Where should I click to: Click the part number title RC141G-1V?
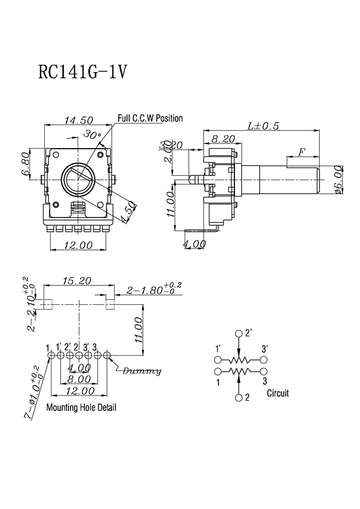click(x=82, y=72)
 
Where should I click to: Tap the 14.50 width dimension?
click(x=79, y=120)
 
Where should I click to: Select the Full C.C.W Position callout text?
click(x=150, y=118)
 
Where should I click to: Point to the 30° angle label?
click(x=93, y=134)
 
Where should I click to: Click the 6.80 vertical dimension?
click(x=25, y=164)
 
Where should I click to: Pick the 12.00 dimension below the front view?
click(x=78, y=245)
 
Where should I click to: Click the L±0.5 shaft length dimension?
click(x=263, y=125)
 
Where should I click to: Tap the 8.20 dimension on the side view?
click(x=223, y=139)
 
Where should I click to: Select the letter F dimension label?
click(x=302, y=152)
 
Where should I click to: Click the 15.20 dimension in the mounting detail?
click(x=77, y=281)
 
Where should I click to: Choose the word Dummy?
click(x=141, y=371)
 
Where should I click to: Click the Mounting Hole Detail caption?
click(x=81, y=407)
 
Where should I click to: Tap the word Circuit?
click(x=278, y=393)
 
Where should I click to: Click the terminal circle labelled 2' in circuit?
click(x=239, y=334)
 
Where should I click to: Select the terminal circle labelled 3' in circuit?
click(x=264, y=360)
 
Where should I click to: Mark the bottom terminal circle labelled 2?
click(x=239, y=397)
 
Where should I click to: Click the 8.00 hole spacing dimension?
click(x=79, y=379)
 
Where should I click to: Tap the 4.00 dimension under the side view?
click(x=194, y=244)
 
